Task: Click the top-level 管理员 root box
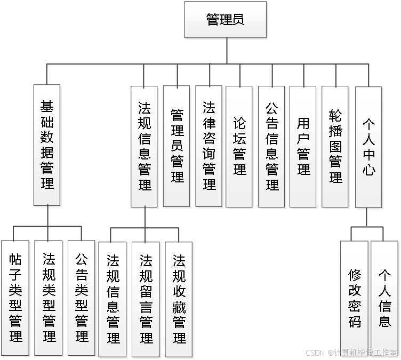point(225,20)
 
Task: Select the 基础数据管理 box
point(47,145)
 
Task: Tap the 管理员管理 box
point(177,146)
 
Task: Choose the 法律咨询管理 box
point(208,146)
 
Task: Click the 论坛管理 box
point(240,146)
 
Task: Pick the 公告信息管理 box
point(272,146)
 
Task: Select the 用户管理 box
point(303,146)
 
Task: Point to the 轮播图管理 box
point(335,146)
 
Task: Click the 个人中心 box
point(368,146)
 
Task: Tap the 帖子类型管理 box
point(15,299)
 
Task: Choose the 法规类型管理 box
point(49,299)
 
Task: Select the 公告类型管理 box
point(82,299)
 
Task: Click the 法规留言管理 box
point(146,299)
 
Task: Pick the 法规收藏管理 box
point(179,299)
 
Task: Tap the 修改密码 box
point(354,299)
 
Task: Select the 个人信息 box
point(384,299)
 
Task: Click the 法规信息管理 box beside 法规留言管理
point(113,299)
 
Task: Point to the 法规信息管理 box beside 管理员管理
point(145,146)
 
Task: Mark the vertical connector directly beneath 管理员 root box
point(227,51)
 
